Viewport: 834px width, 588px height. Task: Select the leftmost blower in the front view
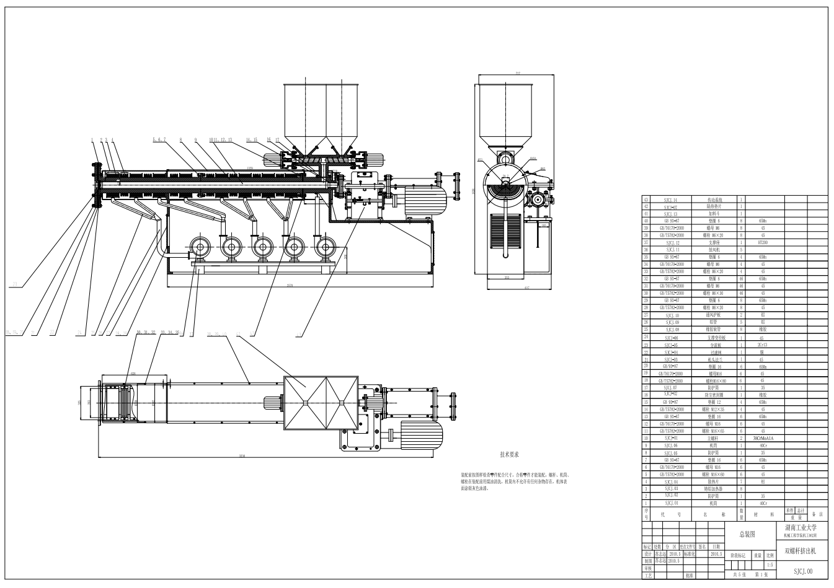tap(200, 248)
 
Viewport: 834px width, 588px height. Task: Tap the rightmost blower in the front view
tap(325, 248)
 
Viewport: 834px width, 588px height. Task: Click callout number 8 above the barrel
tap(180, 140)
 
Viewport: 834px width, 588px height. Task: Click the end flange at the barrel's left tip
tap(95, 185)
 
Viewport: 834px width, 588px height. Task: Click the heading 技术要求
tap(509, 455)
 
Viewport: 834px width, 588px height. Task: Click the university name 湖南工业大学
tap(801, 527)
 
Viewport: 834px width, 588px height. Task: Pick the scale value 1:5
tap(770, 564)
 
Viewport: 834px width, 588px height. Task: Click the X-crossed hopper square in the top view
tap(321, 403)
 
